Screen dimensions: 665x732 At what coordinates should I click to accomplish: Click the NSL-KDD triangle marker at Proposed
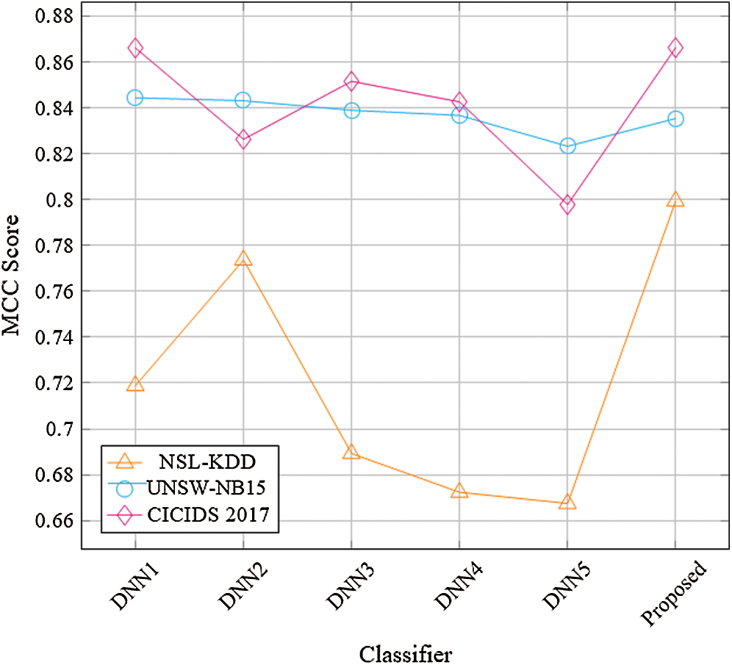[675, 200]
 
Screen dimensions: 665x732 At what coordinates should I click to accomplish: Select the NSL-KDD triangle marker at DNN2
[243, 259]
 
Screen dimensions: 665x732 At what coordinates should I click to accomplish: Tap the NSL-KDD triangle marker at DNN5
[567, 503]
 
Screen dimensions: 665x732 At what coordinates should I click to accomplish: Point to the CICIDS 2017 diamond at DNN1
[134, 48]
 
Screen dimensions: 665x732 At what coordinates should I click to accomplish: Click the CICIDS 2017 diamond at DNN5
[567, 204]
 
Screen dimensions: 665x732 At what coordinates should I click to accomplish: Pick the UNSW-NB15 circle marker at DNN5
[567, 146]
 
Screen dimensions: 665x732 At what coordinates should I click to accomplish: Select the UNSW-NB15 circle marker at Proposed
[675, 119]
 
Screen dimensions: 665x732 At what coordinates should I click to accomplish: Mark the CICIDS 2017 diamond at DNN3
[351, 81]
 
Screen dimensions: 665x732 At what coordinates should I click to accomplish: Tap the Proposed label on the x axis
[672, 594]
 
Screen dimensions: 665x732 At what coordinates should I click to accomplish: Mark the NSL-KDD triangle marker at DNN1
[134, 384]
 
